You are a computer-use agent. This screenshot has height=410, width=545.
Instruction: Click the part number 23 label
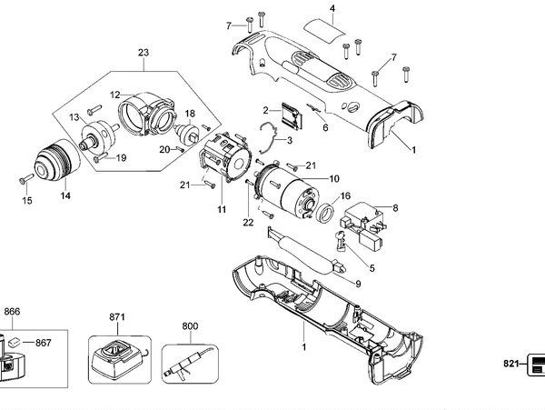pos(144,53)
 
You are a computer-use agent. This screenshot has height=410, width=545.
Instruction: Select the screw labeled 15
pos(26,178)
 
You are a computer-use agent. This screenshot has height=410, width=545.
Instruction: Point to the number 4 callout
pos(332,8)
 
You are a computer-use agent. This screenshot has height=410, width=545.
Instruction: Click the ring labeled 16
pos(325,214)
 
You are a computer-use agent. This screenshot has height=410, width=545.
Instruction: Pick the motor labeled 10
pos(286,189)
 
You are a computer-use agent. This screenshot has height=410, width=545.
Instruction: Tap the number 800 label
pos(190,326)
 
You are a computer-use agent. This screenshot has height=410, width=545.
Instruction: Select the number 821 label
pos(510,364)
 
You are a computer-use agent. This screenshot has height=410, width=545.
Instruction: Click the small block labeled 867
pos(14,342)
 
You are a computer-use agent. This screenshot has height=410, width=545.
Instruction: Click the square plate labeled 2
pos(292,115)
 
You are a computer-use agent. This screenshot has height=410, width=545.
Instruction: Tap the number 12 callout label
pos(115,95)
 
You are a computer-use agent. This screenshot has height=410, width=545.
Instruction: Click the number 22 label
pos(248,222)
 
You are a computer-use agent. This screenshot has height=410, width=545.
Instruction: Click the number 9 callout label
pos(358,285)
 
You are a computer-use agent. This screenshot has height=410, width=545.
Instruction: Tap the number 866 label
pos(12,312)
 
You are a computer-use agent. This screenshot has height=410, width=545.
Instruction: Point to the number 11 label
pos(222,209)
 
